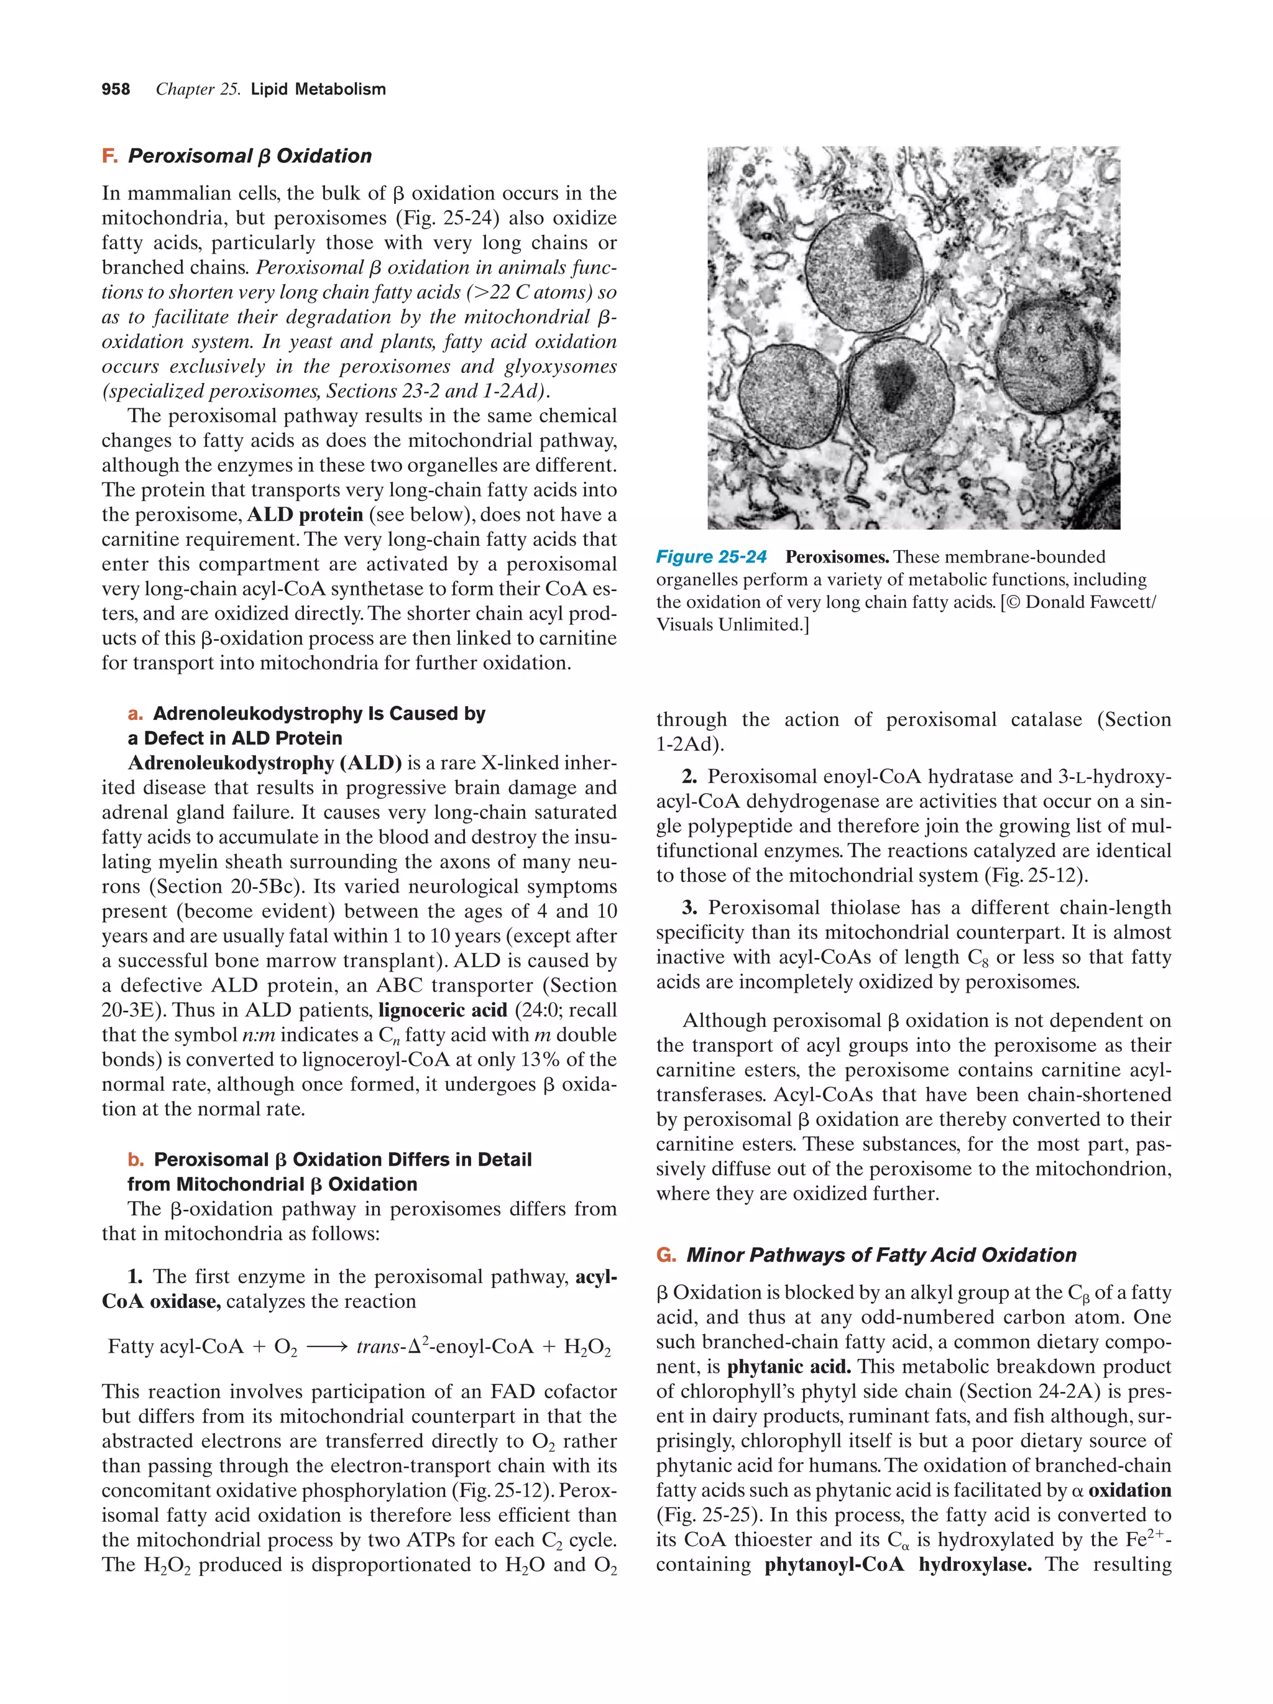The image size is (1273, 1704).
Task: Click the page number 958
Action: pos(116,90)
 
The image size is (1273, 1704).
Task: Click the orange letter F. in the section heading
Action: pos(109,157)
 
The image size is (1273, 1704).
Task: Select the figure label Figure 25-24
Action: pos(711,556)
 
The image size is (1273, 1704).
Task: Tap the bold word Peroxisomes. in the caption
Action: pos(837,556)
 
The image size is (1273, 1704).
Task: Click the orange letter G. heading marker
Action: pos(665,1256)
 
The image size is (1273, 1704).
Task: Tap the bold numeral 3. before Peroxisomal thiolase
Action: pos(689,908)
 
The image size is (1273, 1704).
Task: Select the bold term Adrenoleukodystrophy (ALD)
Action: pos(265,763)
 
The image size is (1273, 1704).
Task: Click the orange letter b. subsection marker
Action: pos(136,1159)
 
